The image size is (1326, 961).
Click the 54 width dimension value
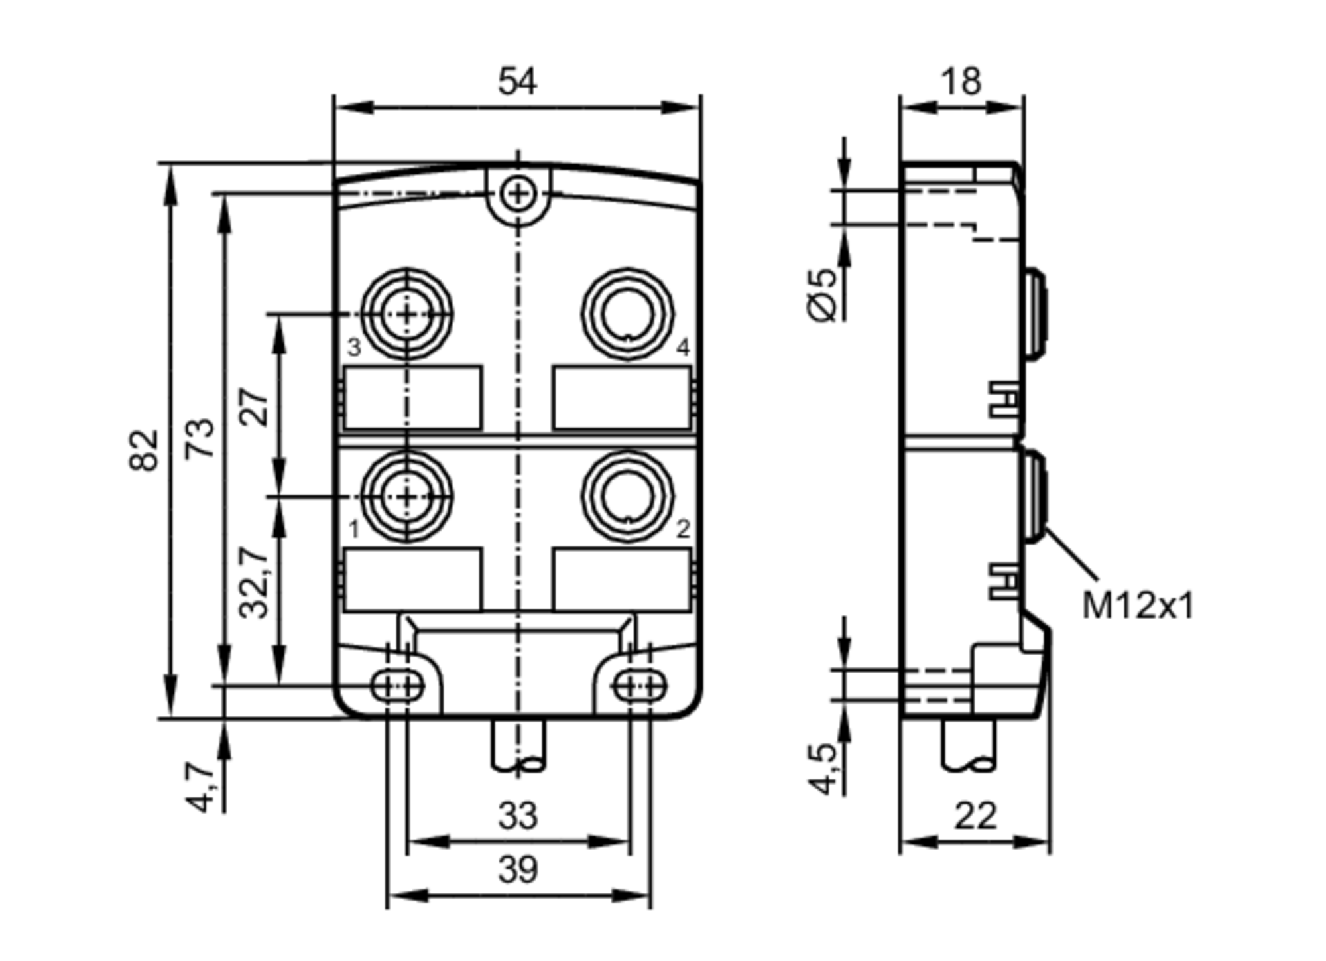tap(517, 82)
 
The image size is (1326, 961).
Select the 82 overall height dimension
tap(145, 450)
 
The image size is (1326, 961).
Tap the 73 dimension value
tap(200, 438)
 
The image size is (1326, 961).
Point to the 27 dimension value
tap(255, 406)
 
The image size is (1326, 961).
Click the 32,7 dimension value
tap(255, 582)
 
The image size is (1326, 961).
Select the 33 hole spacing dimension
tap(517, 816)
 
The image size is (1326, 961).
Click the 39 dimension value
tap(517, 870)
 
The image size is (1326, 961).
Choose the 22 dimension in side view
tap(975, 816)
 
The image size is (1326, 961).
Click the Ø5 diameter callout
tap(824, 295)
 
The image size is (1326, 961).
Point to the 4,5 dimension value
tap(824, 768)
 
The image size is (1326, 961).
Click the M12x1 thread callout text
tap(1138, 606)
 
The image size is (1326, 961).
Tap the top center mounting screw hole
tap(518, 194)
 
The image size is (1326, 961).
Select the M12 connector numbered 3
tap(407, 314)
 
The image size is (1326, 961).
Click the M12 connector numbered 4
tap(627, 314)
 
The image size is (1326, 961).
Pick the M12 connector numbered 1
tap(407, 496)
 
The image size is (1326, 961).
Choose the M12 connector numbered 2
tap(627, 496)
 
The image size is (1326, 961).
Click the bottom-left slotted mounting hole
tap(397, 686)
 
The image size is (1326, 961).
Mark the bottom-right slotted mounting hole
tap(639, 686)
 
